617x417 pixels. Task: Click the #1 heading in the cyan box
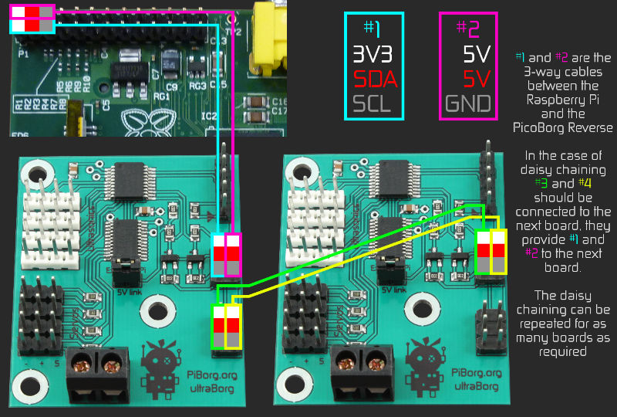(372, 29)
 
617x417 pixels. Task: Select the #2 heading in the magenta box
(467, 29)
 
